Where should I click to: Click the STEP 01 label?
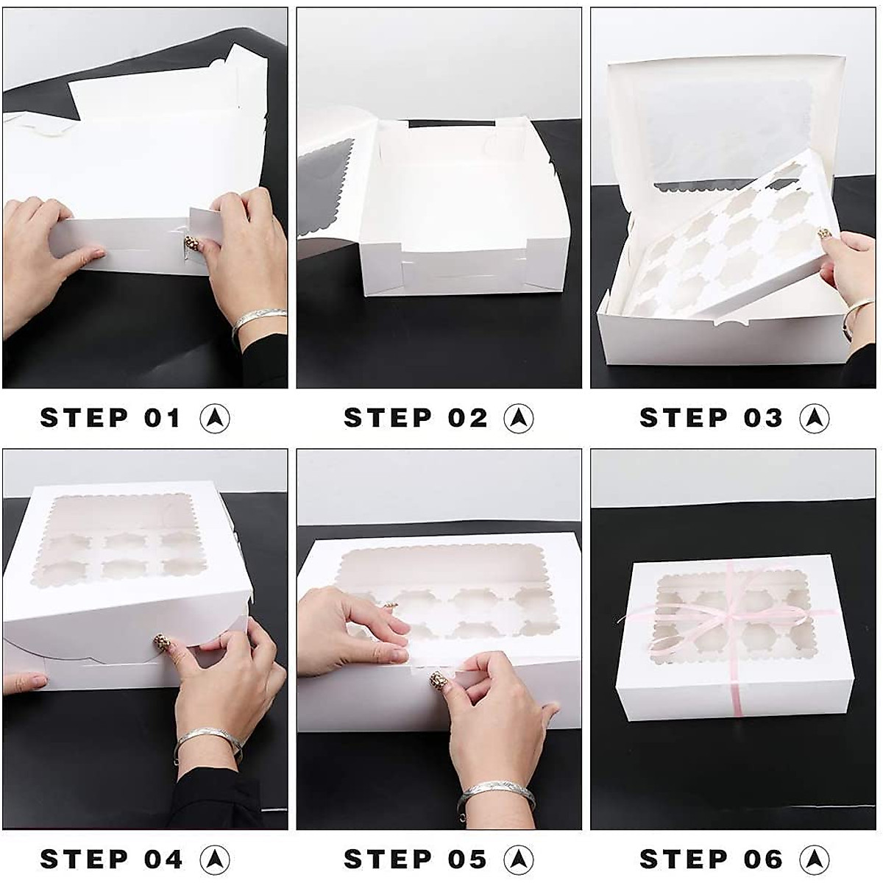point(110,418)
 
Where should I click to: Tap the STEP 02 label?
point(415,418)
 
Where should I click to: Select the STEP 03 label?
point(711,418)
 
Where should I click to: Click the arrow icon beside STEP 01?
point(215,418)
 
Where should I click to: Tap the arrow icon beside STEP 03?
point(815,418)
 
